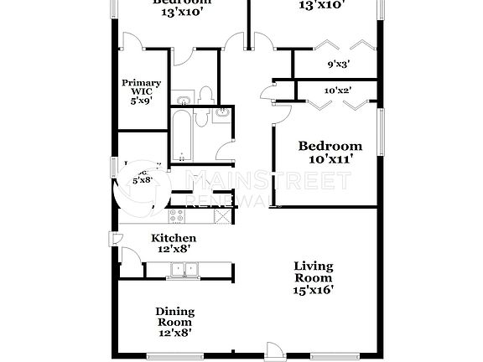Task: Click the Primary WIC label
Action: [141, 83]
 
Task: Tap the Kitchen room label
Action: [173, 238]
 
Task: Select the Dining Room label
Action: [174, 316]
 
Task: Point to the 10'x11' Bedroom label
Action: [330, 146]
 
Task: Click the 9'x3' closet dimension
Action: [338, 64]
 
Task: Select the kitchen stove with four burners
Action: [176, 216]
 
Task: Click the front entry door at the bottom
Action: [275, 352]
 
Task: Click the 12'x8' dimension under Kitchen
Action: [173, 248]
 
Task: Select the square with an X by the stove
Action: [222, 216]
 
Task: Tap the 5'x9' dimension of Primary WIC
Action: [141, 101]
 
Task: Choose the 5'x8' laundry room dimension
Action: [143, 179]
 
